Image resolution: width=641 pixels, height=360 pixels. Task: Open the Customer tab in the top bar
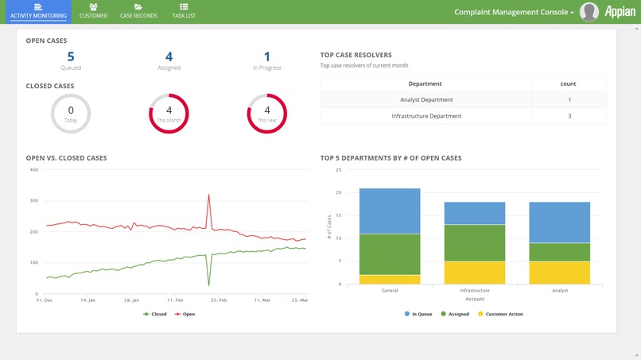pyautogui.click(x=93, y=11)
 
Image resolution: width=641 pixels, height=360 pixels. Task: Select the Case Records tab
pyautogui.click(x=138, y=11)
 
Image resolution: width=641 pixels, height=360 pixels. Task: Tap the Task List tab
pyautogui.click(x=184, y=11)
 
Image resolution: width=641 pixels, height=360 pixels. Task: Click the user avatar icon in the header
pyautogui.click(x=589, y=12)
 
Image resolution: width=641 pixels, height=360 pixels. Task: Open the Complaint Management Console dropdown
pyautogui.click(x=514, y=12)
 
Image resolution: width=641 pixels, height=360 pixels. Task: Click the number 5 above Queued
pyautogui.click(x=71, y=56)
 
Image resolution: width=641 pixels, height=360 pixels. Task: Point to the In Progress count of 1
pyautogui.click(x=266, y=56)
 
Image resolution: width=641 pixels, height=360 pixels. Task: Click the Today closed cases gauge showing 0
pyautogui.click(x=71, y=114)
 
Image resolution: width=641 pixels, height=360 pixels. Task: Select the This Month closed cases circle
pyautogui.click(x=169, y=114)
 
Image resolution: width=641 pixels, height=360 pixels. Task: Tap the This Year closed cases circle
pyautogui.click(x=266, y=114)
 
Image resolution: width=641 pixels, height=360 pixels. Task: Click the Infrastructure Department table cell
pyautogui.click(x=426, y=116)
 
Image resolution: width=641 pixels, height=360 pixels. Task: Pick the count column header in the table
pyautogui.click(x=569, y=83)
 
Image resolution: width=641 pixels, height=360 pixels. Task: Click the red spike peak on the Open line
pyautogui.click(x=209, y=195)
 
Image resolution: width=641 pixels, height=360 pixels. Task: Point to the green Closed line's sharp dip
pyautogui.click(x=209, y=285)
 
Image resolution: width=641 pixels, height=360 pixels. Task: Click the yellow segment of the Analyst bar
pyautogui.click(x=560, y=273)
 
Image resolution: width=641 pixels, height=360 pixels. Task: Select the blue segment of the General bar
pyautogui.click(x=390, y=211)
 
